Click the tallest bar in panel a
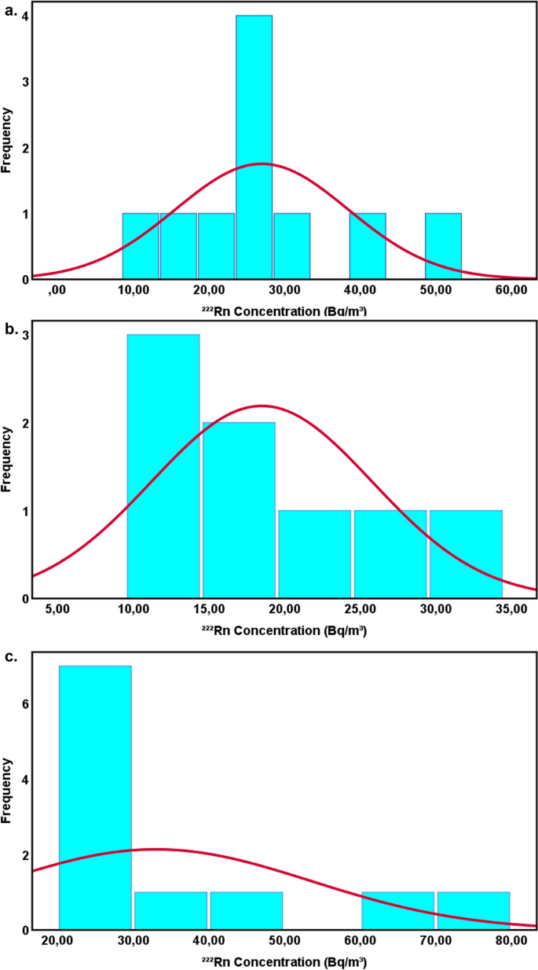pos(254,147)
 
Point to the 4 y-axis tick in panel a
pos(26,16)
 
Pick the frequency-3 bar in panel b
pos(163,466)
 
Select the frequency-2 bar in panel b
pos(239,510)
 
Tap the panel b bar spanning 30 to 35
pos(466,554)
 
